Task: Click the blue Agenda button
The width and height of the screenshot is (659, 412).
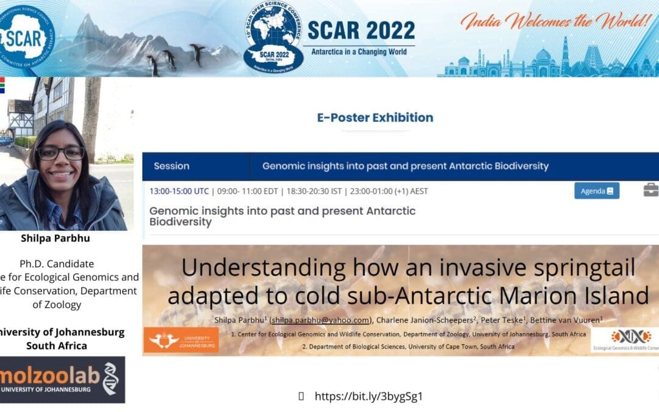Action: pyautogui.click(x=596, y=191)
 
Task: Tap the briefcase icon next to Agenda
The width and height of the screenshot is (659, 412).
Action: pyautogui.click(x=650, y=190)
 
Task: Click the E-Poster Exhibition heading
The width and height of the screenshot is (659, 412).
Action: pyautogui.click(x=375, y=117)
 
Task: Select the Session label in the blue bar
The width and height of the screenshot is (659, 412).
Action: pyautogui.click(x=171, y=166)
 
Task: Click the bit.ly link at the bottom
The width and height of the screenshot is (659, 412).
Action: pyautogui.click(x=369, y=396)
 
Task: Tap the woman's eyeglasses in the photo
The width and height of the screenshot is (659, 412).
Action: pyautogui.click(x=60, y=153)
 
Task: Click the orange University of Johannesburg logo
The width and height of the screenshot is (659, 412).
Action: pyautogui.click(x=181, y=340)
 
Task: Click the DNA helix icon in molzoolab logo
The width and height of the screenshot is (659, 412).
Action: pyautogui.click(x=110, y=378)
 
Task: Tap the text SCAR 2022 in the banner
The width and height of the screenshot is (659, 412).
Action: pyautogui.click(x=361, y=31)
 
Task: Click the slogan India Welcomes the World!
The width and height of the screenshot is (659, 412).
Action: pyautogui.click(x=556, y=21)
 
